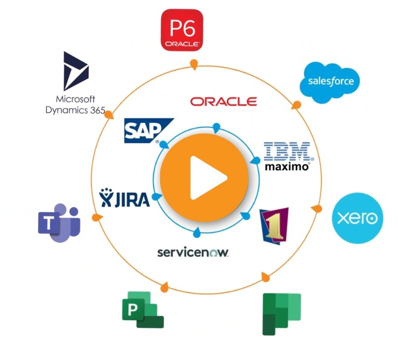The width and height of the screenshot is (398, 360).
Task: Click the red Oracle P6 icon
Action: [182, 30]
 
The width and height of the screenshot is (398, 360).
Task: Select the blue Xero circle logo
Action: [357, 218]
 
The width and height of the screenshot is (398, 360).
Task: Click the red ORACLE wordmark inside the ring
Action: [223, 101]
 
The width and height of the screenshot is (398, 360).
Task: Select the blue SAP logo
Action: [148, 130]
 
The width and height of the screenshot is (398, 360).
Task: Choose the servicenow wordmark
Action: [193, 252]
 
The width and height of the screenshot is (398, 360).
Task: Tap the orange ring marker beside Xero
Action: [316, 207]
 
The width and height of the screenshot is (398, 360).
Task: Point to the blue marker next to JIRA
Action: [157, 197]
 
